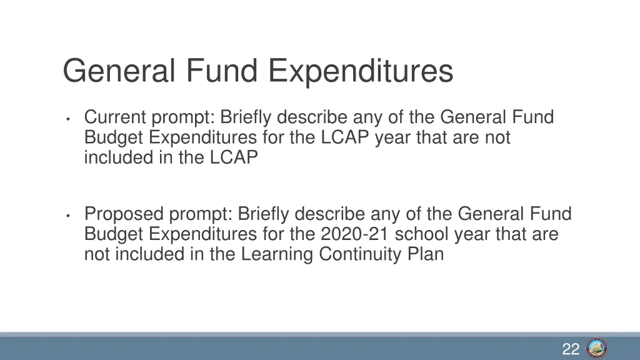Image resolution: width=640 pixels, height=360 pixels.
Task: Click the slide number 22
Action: (571, 349)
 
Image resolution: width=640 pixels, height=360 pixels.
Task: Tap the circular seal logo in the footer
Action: (597, 348)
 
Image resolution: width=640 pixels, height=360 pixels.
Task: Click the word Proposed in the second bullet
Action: (123, 214)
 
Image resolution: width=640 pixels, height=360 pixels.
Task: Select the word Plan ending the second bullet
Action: (427, 254)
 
